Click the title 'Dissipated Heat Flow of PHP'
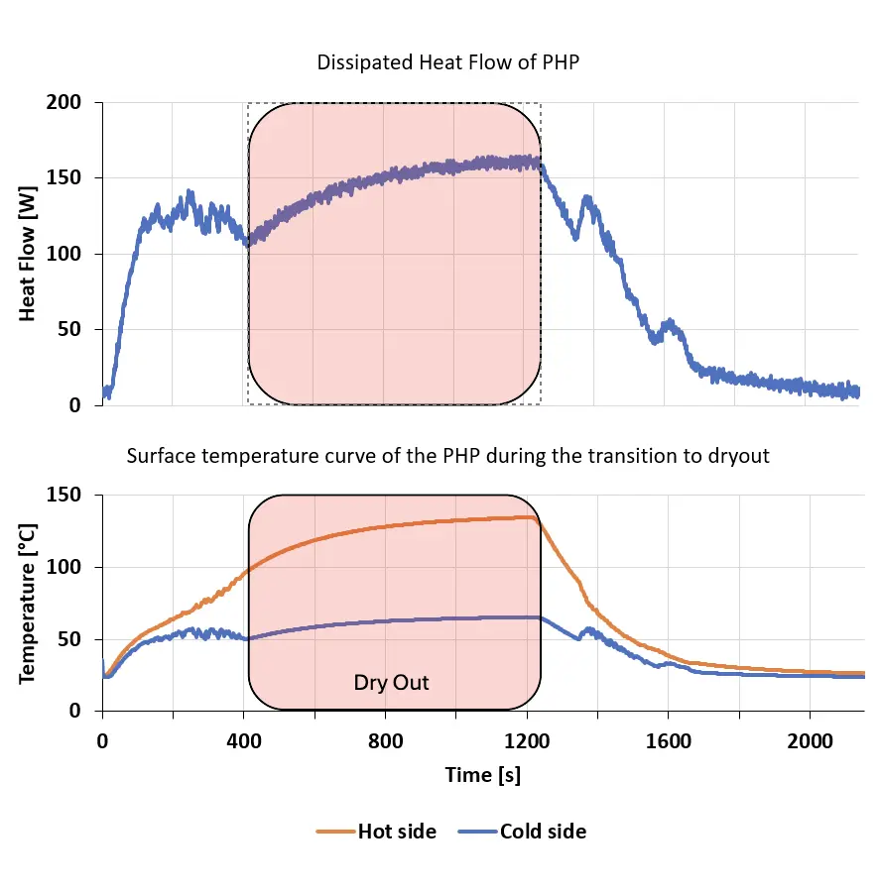[x=447, y=62]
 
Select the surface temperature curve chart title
[x=447, y=456]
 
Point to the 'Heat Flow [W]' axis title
[x=28, y=254]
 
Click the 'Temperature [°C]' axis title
[x=28, y=604]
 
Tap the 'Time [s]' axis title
[x=483, y=775]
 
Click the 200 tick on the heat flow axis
[x=63, y=102]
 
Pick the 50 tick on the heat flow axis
[x=69, y=329]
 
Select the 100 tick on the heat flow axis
[x=63, y=254]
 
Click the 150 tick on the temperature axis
[x=63, y=495]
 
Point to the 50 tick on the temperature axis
[x=69, y=639]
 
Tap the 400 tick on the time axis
[x=244, y=741]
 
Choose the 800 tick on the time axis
[x=386, y=741]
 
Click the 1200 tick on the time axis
[x=527, y=741]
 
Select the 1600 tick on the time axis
[x=669, y=741]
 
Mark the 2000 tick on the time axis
[x=810, y=741]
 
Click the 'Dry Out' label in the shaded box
[x=391, y=683]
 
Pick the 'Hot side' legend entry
[x=376, y=832]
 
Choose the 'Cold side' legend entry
[x=522, y=832]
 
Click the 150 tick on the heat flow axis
[x=63, y=178]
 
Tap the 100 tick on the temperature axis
[x=63, y=567]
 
